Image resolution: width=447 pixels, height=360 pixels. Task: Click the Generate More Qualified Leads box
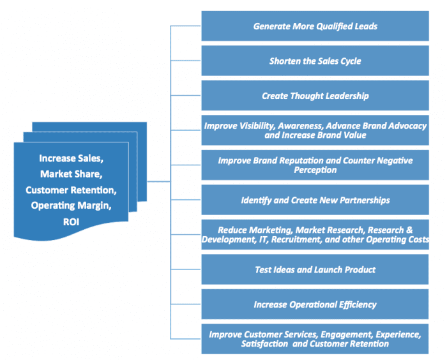click(x=315, y=26)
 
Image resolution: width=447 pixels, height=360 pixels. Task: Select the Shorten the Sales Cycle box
click(x=315, y=61)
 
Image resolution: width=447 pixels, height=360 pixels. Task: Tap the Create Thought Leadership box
click(x=315, y=96)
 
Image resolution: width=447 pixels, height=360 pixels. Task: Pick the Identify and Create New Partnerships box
click(x=315, y=200)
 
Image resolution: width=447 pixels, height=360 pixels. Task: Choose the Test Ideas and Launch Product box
click(x=315, y=269)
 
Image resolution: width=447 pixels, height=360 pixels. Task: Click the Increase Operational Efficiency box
click(x=315, y=304)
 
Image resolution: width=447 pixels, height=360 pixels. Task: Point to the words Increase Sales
click(x=71, y=158)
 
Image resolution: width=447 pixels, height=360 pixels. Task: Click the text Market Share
click(x=71, y=174)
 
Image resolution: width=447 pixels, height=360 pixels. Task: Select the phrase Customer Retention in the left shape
click(x=71, y=190)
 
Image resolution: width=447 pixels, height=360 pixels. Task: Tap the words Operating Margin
click(x=71, y=206)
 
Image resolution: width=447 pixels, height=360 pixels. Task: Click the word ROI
click(x=71, y=221)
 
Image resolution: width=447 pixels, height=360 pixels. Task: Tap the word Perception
click(x=315, y=170)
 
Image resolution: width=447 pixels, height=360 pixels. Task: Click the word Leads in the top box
click(x=365, y=26)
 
